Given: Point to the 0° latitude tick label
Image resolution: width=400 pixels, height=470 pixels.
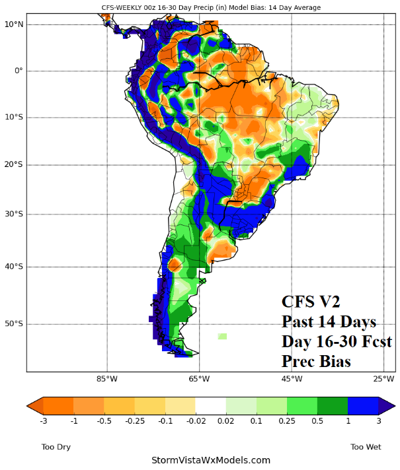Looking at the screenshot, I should point(18,71).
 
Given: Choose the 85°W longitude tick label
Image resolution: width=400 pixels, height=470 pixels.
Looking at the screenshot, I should point(106,379).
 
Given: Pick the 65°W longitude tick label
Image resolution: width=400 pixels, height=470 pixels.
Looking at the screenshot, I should point(199,379).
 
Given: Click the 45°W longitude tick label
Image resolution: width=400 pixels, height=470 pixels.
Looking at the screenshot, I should point(292,379).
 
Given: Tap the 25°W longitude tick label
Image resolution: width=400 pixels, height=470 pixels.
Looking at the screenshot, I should point(383,379).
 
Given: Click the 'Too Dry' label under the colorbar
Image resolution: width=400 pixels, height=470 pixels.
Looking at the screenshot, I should point(56,447).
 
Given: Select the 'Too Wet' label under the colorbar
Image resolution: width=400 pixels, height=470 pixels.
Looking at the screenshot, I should point(366,447).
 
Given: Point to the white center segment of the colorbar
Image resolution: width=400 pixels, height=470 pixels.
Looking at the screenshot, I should point(210,405).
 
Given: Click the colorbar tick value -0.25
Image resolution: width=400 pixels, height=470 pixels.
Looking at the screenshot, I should point(134,420).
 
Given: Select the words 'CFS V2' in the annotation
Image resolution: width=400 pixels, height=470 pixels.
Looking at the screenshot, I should point(310,302).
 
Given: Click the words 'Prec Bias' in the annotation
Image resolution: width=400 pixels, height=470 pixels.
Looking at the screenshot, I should point(315,362).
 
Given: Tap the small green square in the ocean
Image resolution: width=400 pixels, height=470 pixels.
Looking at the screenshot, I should point(222,336).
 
